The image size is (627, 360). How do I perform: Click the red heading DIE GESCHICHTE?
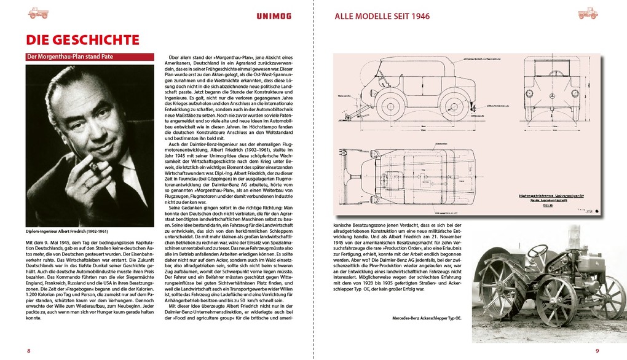coord(82,40)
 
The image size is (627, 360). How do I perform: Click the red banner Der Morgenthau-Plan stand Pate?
coord(70,57)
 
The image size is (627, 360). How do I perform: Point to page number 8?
coord(28,351)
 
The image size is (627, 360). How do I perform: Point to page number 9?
coord(597,351)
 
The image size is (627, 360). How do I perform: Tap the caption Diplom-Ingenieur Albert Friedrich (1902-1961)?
coord(67,232)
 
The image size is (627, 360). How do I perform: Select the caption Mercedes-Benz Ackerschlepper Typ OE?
coord(427,318)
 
